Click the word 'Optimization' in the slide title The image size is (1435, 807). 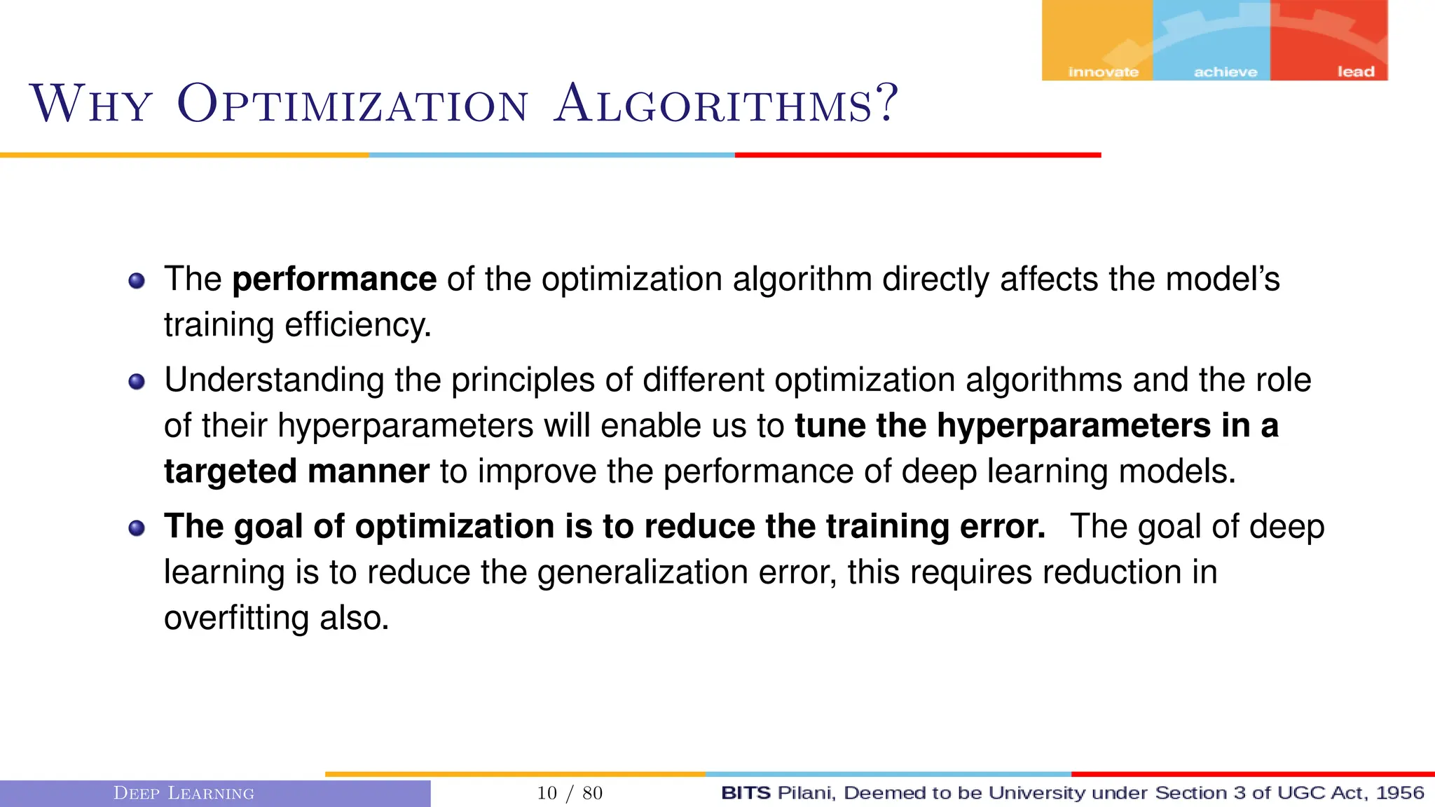coord(352,104)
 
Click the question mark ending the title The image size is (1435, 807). coord(887,103)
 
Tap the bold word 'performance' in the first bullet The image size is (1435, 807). coord(334,280)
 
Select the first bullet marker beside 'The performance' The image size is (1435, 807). coord(137,281)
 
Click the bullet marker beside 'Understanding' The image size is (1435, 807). coord(137,382)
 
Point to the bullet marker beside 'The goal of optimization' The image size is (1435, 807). coord(137,528)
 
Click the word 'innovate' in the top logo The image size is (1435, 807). coord(1103,72)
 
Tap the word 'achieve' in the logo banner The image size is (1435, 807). coord(1225,72)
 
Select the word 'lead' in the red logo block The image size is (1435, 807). coord(1355,72)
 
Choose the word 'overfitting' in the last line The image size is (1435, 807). coord(236,619)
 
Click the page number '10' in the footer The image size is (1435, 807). coord(547,793)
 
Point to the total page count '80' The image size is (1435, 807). coord(592,793)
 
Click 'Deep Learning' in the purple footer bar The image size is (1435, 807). coord(184,793)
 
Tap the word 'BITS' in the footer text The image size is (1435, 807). coord(746,793)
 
